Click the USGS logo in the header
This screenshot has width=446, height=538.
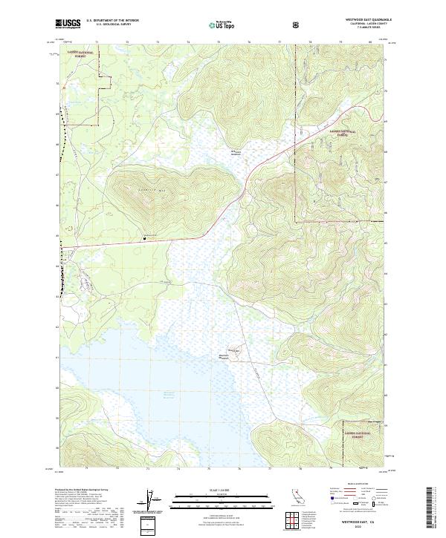(68, 24)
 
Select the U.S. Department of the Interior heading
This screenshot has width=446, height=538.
(112, 21)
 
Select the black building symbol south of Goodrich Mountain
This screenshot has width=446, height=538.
(144, 238)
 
